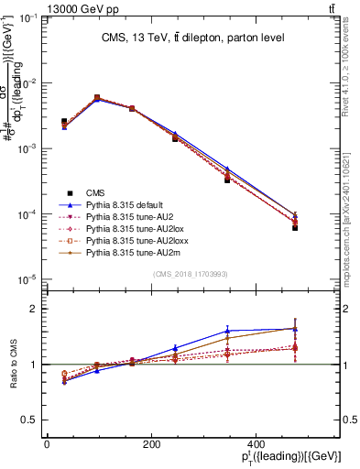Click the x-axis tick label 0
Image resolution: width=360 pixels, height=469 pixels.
pos(47,445)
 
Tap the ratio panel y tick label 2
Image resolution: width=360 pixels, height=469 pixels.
pos(32,310)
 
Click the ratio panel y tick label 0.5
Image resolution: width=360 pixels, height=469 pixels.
pos(28,420)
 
